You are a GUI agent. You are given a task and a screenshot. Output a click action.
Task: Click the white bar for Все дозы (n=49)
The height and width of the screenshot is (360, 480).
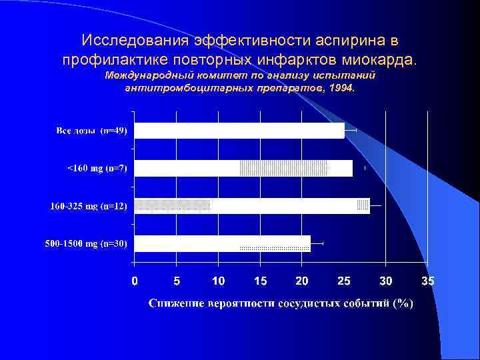point(239,131)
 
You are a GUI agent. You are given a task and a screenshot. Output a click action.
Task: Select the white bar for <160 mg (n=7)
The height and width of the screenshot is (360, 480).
point(187,168)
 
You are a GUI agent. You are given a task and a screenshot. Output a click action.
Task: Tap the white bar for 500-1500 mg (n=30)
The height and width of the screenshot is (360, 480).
point(187,243)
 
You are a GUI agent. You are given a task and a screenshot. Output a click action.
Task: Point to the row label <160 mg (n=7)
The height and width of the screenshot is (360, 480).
point(97,168)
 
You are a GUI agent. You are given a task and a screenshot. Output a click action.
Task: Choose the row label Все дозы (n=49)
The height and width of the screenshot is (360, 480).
point(91,131)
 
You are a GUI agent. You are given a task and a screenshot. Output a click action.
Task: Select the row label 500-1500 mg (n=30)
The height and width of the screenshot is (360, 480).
point(86,243)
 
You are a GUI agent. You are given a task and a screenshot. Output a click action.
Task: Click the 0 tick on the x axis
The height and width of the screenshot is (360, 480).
point(135,281)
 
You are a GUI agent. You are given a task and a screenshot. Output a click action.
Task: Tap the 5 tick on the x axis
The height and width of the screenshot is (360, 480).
point(177,281)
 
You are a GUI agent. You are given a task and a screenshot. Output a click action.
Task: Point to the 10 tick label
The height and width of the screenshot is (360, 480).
point(218,281)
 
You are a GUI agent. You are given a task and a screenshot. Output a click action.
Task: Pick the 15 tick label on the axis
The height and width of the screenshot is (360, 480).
point(260,281)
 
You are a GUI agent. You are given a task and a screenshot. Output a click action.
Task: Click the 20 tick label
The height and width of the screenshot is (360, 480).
point(302,281)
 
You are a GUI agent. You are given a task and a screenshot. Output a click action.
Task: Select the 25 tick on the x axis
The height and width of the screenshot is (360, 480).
point(344,281)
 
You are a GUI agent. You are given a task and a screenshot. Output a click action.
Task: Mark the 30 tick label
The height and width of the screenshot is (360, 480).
point(386,281)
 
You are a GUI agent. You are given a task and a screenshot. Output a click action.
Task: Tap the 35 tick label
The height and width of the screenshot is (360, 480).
point(427,281)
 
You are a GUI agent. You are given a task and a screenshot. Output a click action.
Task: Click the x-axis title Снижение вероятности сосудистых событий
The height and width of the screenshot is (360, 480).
point(281,303)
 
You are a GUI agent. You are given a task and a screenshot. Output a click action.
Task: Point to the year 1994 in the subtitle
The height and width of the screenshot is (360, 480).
point(343,87)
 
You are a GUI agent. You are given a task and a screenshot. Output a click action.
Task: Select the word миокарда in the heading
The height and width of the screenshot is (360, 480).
point(381,59)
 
